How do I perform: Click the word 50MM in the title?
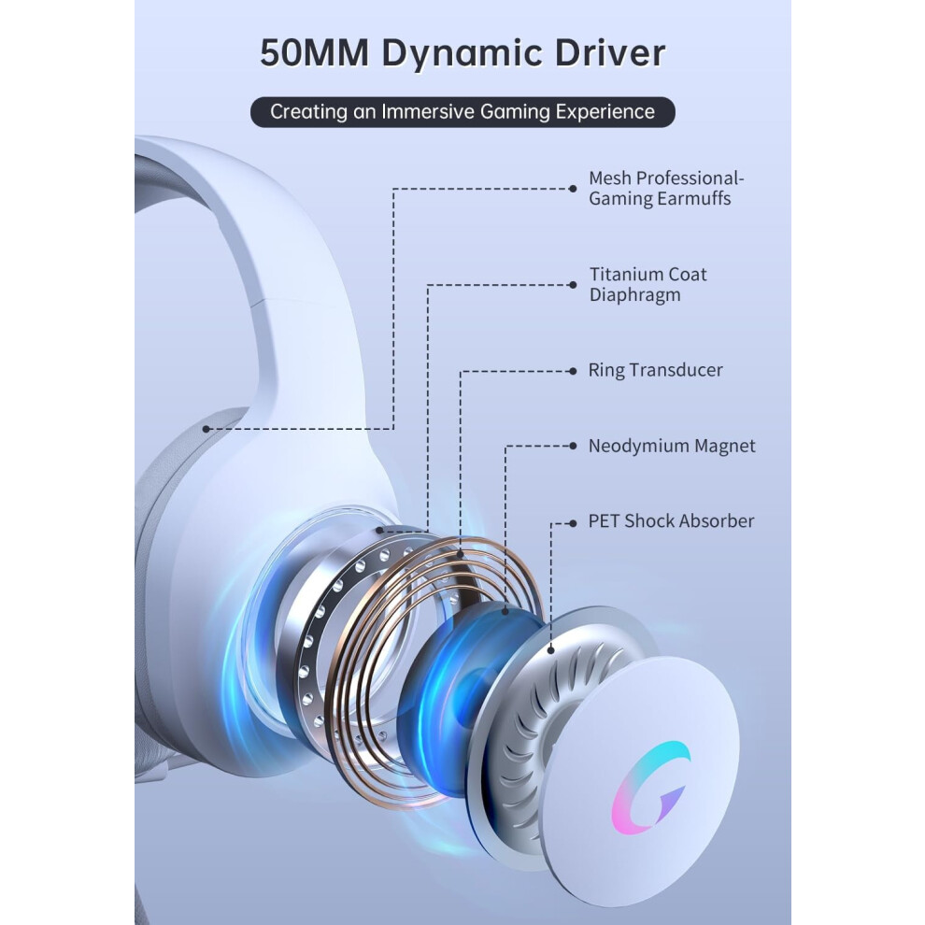[315, 53]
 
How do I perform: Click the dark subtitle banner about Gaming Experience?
[462, 112]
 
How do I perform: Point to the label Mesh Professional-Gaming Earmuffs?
[666, 188]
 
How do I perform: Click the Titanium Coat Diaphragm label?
[647, 284]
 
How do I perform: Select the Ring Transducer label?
[655, 371]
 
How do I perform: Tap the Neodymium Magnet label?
[672, 446]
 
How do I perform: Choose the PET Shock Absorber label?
[671, 521]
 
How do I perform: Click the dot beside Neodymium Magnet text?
[572, 446]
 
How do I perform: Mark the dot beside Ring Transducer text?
[572, 371]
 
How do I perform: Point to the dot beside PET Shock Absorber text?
[572, 523]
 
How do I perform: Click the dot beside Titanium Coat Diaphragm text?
[572, 285]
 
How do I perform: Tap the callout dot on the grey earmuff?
[206, 429]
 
